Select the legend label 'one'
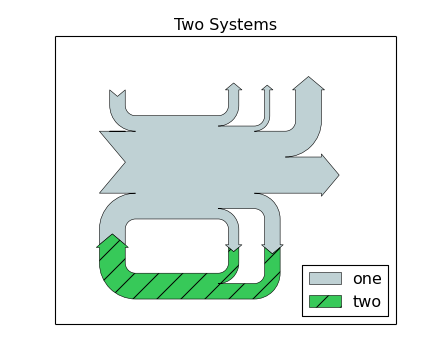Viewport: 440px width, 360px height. coord(367,279)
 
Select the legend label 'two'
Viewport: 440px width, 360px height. coord(367,301)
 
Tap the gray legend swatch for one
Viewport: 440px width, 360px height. coord(325,279)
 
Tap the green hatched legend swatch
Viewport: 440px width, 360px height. coord(325,301)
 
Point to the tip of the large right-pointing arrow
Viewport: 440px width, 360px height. coord(338,175)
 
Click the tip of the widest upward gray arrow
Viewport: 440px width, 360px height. coord(309,78)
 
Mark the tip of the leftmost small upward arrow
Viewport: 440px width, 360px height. coord(233,84)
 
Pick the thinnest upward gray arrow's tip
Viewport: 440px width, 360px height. coord(267,87)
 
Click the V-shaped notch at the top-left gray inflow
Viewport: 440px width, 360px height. coord(117,97)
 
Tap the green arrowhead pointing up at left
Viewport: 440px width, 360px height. coord(113,236)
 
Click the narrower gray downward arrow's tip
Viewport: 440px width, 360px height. coord(233,251)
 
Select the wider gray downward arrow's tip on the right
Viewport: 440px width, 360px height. coord(272,252)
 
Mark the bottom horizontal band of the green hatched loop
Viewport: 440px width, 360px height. coord(180,286)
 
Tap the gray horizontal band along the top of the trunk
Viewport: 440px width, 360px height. coord(175,123)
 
